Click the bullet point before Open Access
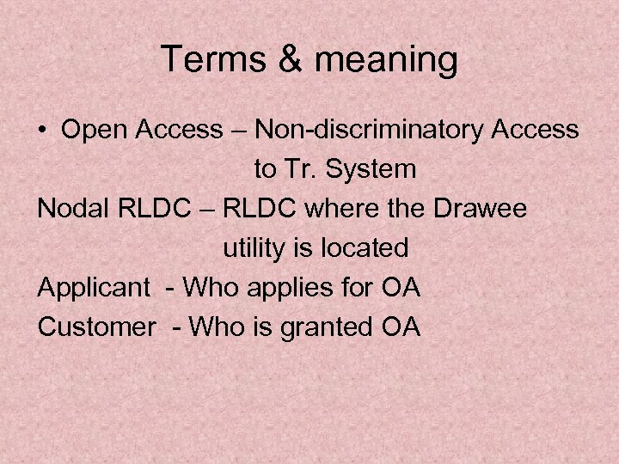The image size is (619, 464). pyautogui.click(x=43, y=130)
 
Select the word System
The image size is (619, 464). pyautogui.click(x=374, y=170)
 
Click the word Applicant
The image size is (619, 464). pyautogui.click(x=93, y=289)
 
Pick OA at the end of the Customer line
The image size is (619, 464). pyautogui.click(x=400, y=327)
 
